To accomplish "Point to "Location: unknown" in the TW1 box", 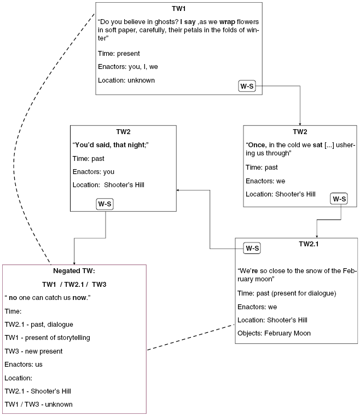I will click(126, 80).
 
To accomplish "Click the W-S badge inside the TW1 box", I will click(247, 86).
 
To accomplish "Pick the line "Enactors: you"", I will click(94, 171).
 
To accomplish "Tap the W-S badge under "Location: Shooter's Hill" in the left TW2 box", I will click(105, 204).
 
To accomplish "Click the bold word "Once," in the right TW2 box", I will click(257, 145).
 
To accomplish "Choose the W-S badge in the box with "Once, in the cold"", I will click(339, 198).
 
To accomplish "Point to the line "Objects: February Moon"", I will click(274, 333).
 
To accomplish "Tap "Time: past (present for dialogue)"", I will click(287, 293).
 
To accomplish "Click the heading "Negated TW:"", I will click(74, 271).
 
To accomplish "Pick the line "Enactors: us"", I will click(24, 364).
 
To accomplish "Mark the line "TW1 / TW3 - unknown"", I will click(38, 405).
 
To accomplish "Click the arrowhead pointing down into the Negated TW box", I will click(74, 262).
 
